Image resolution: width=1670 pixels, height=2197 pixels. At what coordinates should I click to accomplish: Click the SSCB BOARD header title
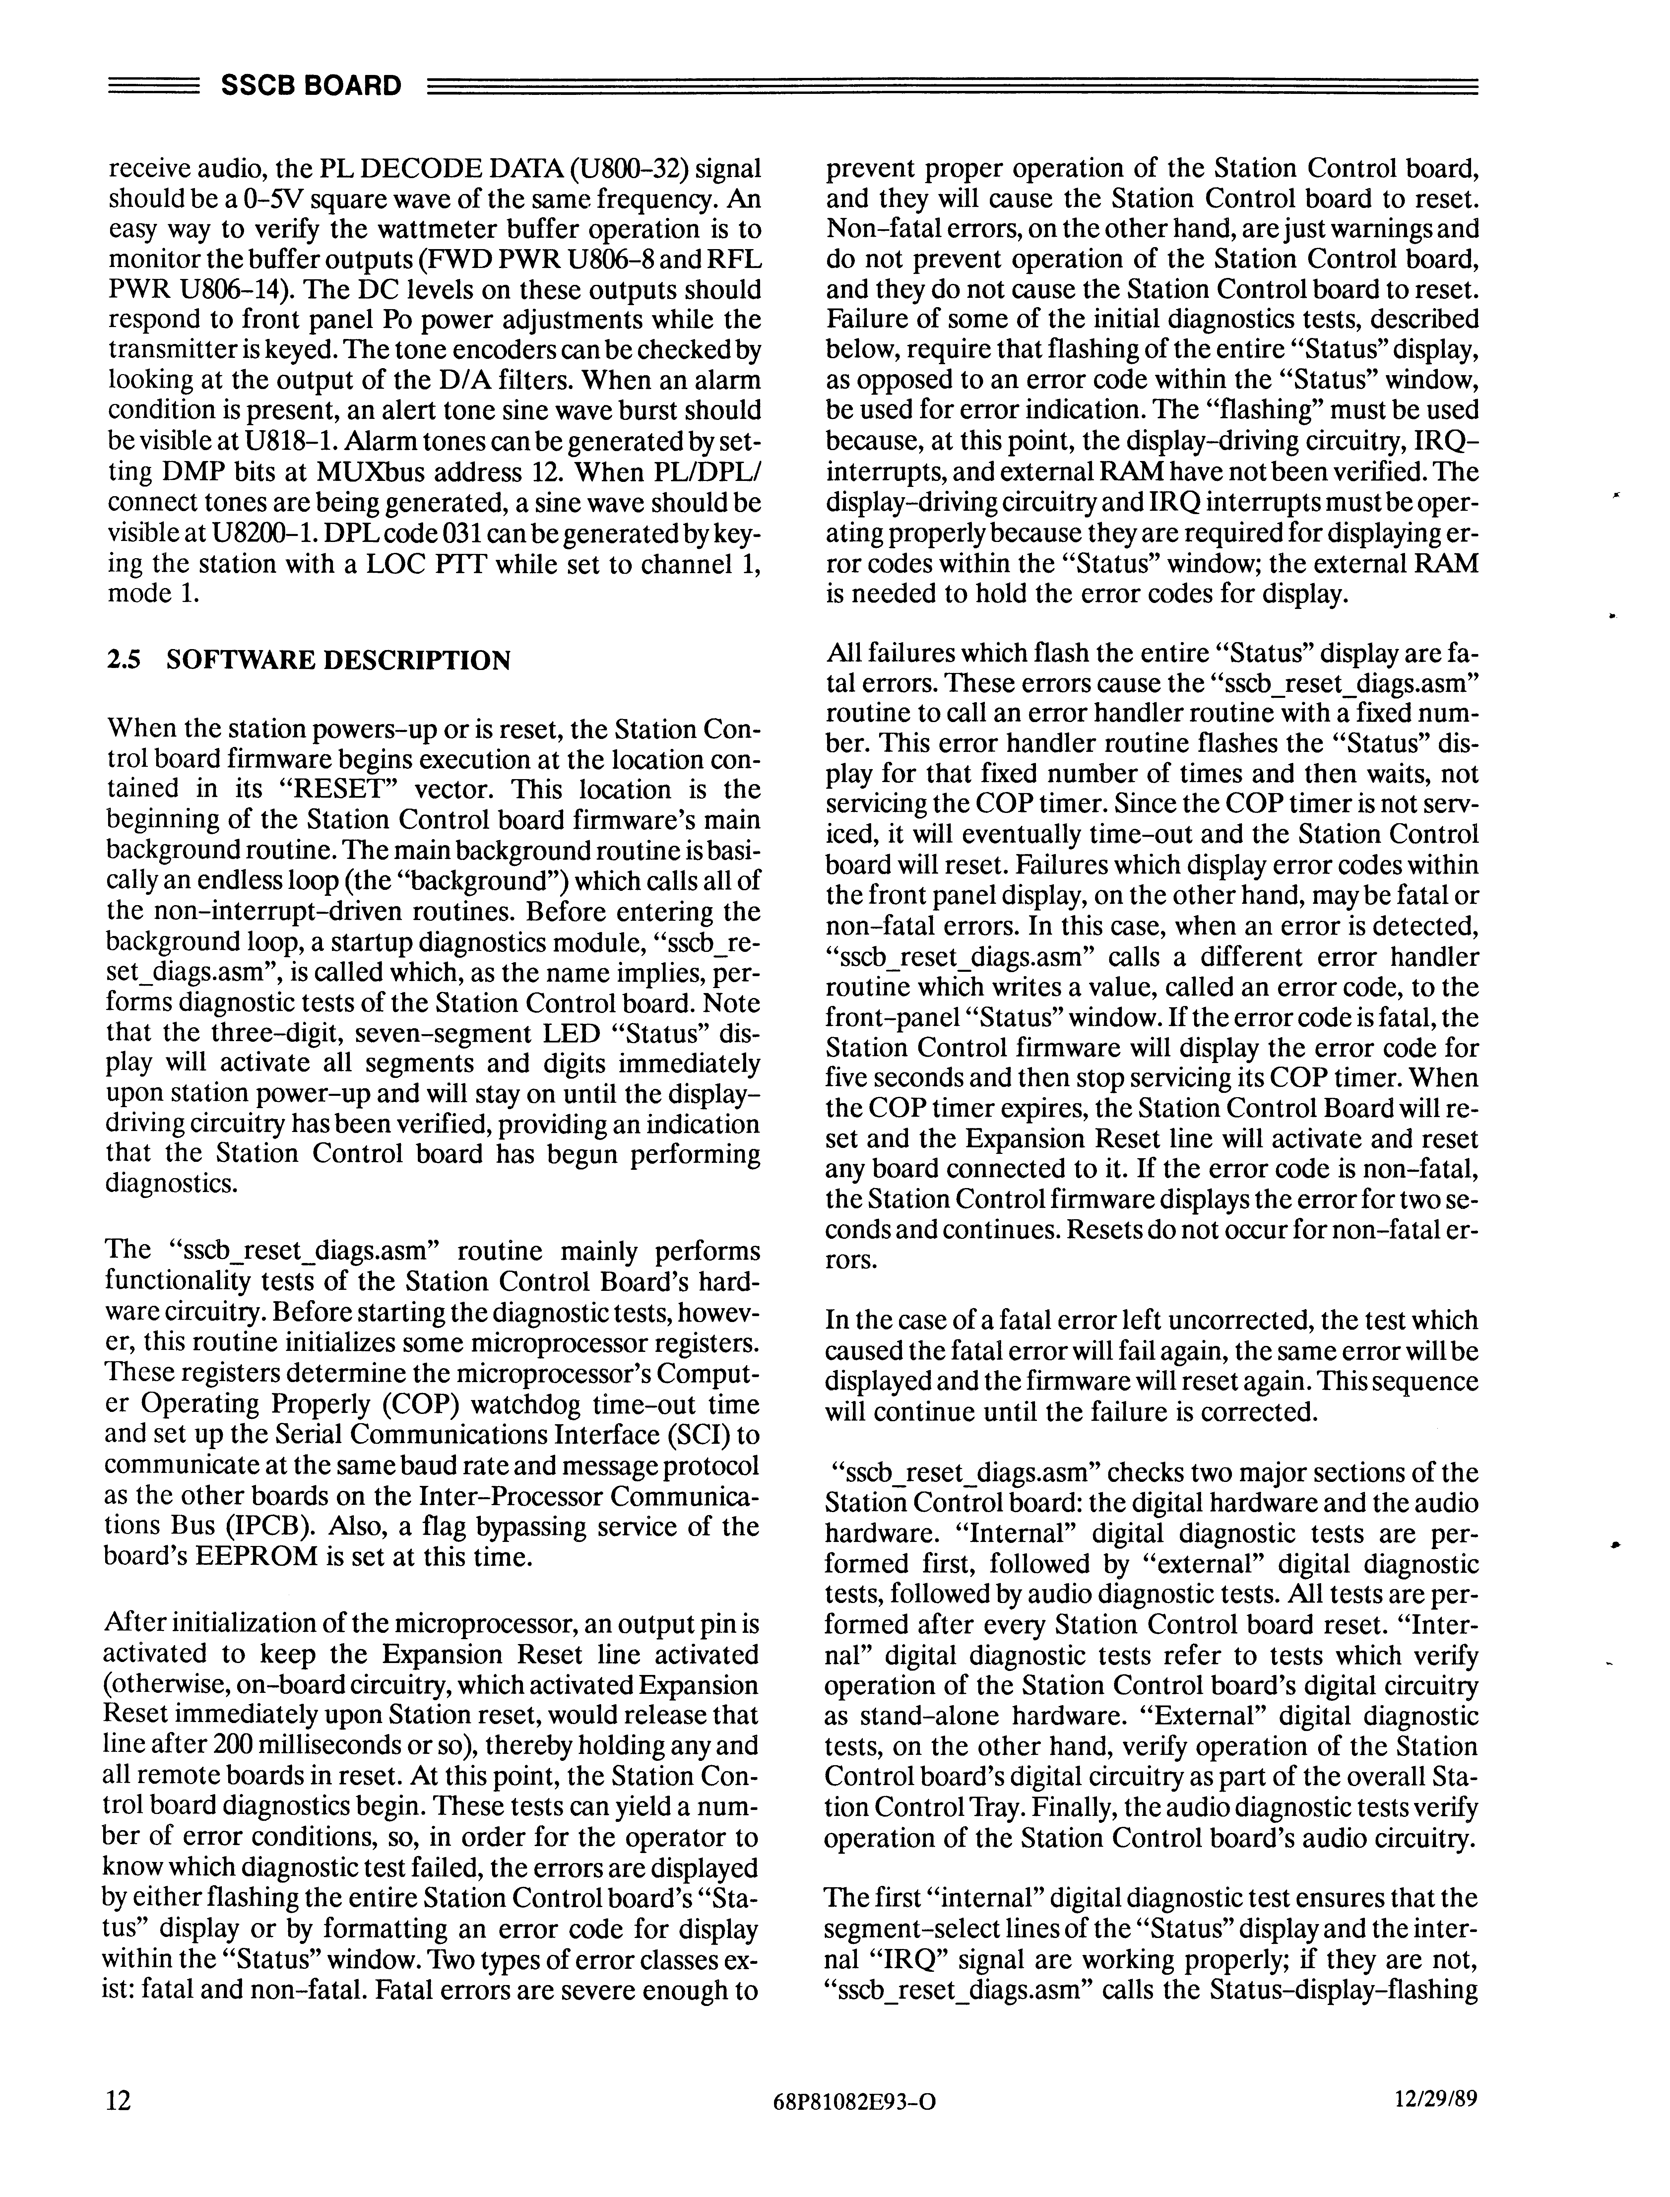click(x=310, y=86)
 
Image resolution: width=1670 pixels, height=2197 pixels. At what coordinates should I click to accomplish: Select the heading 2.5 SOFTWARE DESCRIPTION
click(x=308, y=660)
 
